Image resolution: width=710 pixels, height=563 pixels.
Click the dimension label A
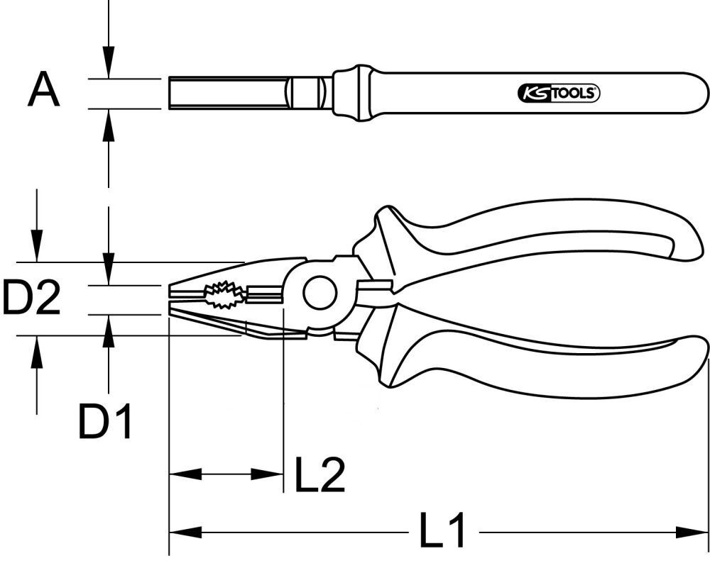click(43, 92)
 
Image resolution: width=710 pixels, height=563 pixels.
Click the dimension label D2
click(31, 297)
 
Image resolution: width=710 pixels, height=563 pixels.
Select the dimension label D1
click(105, 422)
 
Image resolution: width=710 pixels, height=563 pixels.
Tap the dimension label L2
click(319, 475)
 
